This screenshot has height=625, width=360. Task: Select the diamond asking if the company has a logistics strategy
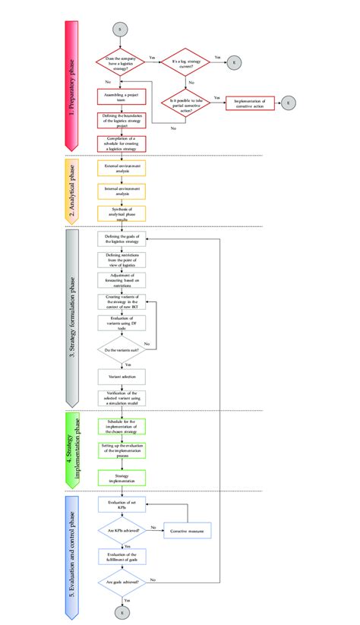click(x=121, y=60)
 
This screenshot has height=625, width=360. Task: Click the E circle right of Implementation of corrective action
click(x=289, y=101)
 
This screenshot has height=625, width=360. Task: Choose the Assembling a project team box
click(x=121, y=96)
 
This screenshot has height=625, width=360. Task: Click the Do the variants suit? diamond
click(x=121, y=351)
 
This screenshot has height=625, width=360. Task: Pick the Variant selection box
click(x=121, y=376)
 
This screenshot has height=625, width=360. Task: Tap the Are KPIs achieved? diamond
click(x=121, y=529)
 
